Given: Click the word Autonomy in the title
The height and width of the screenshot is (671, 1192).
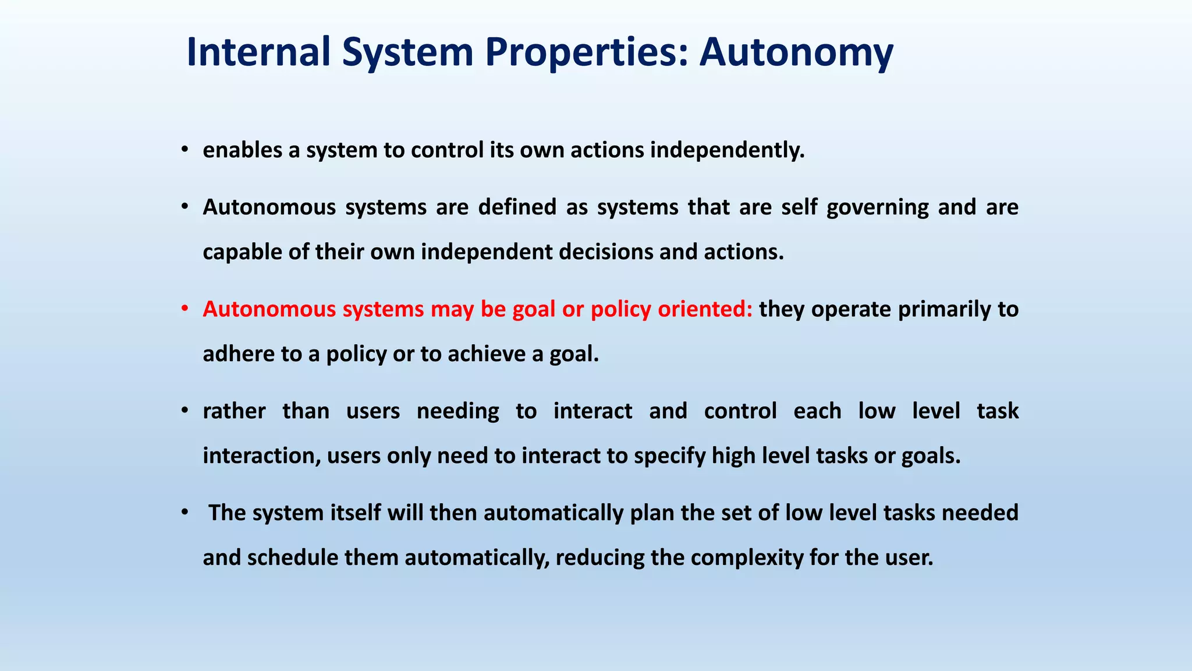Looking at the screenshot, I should tap(796, 52).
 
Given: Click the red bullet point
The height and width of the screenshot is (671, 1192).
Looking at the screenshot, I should tap(184, 309).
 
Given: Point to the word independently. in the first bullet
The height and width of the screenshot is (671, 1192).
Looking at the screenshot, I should tap(727, 150).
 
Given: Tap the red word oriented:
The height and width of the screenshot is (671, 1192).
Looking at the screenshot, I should tap(705, 309).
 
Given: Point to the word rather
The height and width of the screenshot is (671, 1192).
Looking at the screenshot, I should tap(234, 411).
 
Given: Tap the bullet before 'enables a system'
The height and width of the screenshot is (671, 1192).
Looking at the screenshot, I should tap(184, 150).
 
